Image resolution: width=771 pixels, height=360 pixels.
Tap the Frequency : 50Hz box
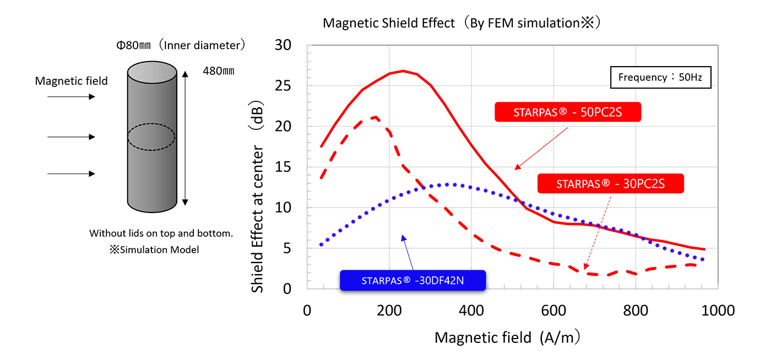pyautogui.click(x=660, y=77)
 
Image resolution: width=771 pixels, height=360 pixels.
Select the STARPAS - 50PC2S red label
pyautogui.click(x=568, y=112)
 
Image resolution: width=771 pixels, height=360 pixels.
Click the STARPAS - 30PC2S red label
pyautogui.click(x=610, y=184)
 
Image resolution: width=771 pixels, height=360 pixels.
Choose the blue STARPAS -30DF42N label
pyautogui.click(x=412, y=280)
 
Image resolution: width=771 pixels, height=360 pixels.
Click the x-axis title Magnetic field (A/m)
pyautogui.click(x=508, y=337)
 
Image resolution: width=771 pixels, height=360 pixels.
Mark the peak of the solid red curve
pyautogui.click(x=403, y=70)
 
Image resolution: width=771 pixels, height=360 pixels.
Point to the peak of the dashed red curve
pyautogui.click(x=375, y=117)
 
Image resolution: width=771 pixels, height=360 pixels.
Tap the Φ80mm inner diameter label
pyautogui.click(x=180, y=46)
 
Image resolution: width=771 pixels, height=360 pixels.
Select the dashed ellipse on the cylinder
pyautogui.click(x=151, y=137)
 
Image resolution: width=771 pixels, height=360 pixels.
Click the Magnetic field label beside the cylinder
pyautogui.click(x=72, y=81)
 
